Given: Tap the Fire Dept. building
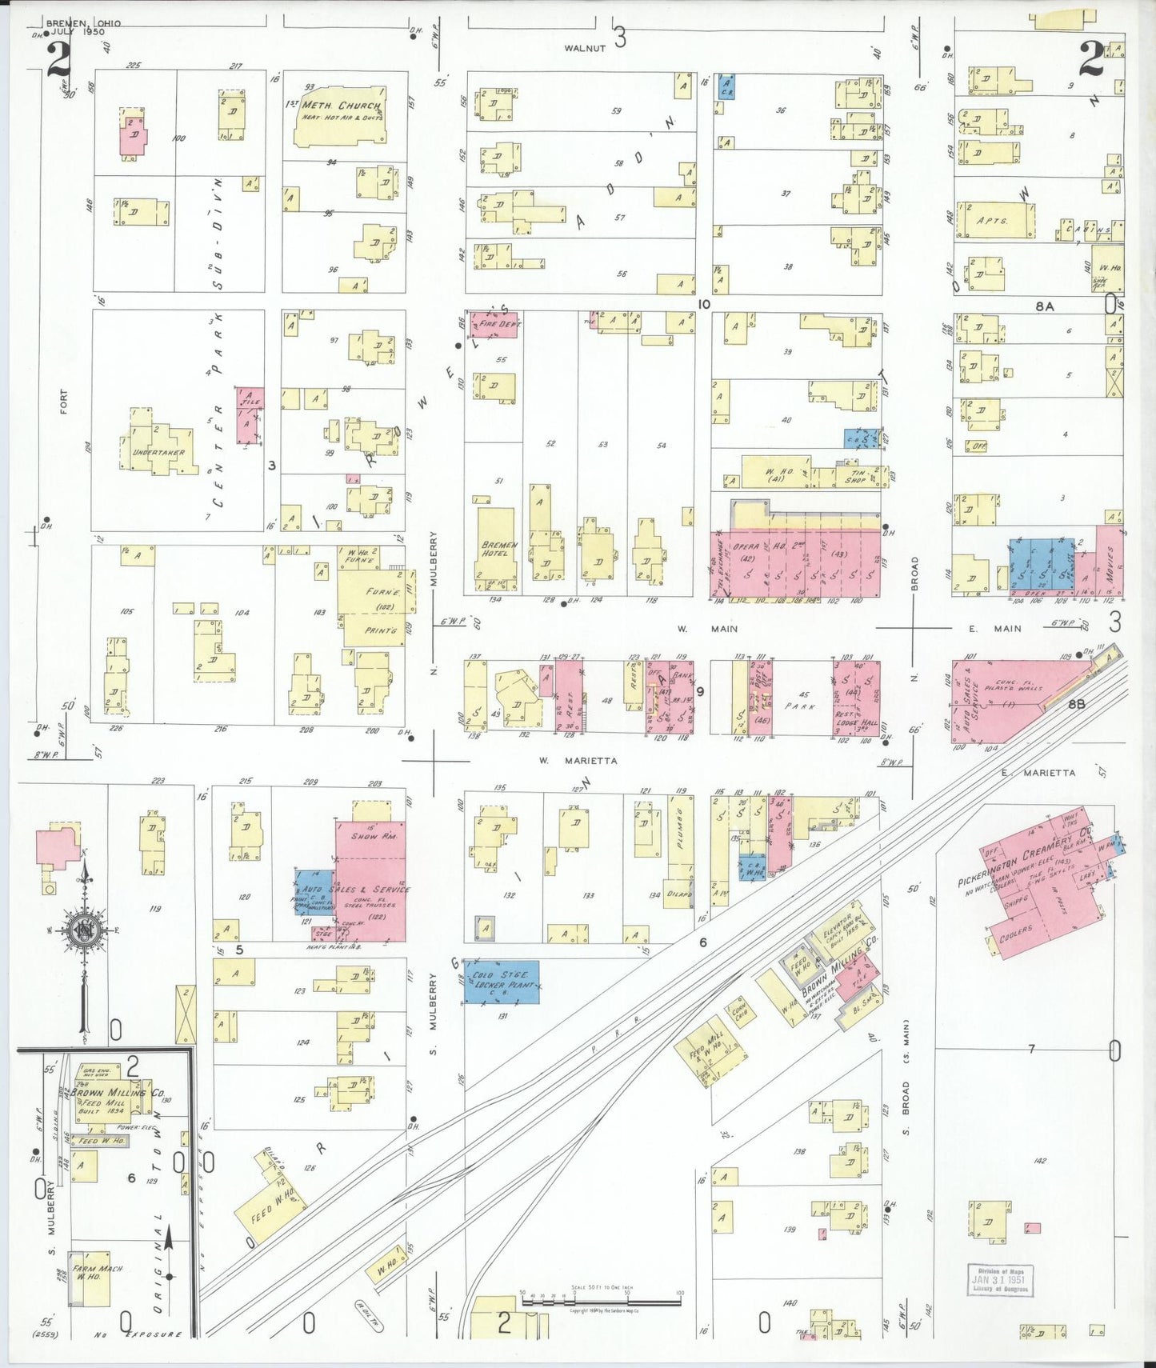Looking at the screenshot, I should [x=496, y=324].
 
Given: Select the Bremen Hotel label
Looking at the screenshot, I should [x=499, y=549].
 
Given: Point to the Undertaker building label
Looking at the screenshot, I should [x=158, y=453].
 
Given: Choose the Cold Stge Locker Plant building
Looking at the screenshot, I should [x=502, y=981].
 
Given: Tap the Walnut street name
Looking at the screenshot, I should [x=585, y=48].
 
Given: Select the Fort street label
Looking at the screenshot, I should [x=63, y=402].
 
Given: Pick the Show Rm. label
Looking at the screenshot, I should [x=374, y=836].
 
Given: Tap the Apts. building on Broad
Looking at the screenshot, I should [x=994, y=220].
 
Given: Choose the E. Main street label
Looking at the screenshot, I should [x=996, y=629].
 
